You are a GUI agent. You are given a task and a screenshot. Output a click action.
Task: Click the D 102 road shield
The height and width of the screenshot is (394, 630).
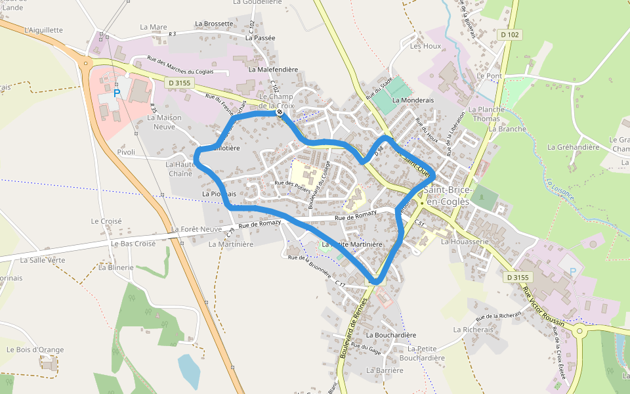(x=509, y=35)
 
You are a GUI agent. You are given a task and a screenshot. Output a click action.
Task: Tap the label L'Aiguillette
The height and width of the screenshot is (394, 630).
(x=43, y=30)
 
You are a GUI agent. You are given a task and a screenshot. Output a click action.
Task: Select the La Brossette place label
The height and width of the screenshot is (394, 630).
(x=214, y=24)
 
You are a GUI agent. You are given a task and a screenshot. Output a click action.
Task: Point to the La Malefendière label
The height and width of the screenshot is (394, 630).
(x=273, y=70)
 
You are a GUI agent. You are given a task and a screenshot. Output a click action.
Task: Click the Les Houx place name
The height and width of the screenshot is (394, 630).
(x=425, y=46)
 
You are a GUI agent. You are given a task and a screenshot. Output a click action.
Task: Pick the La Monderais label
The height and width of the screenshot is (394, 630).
(x=413, y=100)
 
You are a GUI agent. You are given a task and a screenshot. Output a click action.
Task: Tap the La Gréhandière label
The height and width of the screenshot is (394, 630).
(x=573, y=147)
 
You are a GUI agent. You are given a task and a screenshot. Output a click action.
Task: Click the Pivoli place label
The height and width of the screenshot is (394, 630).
(x=126, y=152)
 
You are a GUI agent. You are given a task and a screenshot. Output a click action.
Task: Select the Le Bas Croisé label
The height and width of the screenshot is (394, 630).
(x=133, y=244)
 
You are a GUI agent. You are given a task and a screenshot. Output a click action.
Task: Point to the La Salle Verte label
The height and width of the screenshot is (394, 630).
(x=43, y=260)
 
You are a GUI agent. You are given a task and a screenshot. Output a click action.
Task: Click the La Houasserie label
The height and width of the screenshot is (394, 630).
(x=465, y=242)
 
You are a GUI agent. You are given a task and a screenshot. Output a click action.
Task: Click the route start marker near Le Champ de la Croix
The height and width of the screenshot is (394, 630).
(x=280, y=112)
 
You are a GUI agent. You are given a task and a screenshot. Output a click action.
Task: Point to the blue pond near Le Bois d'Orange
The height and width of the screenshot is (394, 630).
(x=188, y=371)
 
